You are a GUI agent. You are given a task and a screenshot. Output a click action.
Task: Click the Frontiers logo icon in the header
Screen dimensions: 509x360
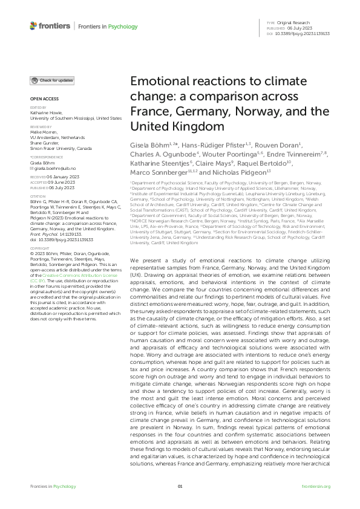tap(33, 26)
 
